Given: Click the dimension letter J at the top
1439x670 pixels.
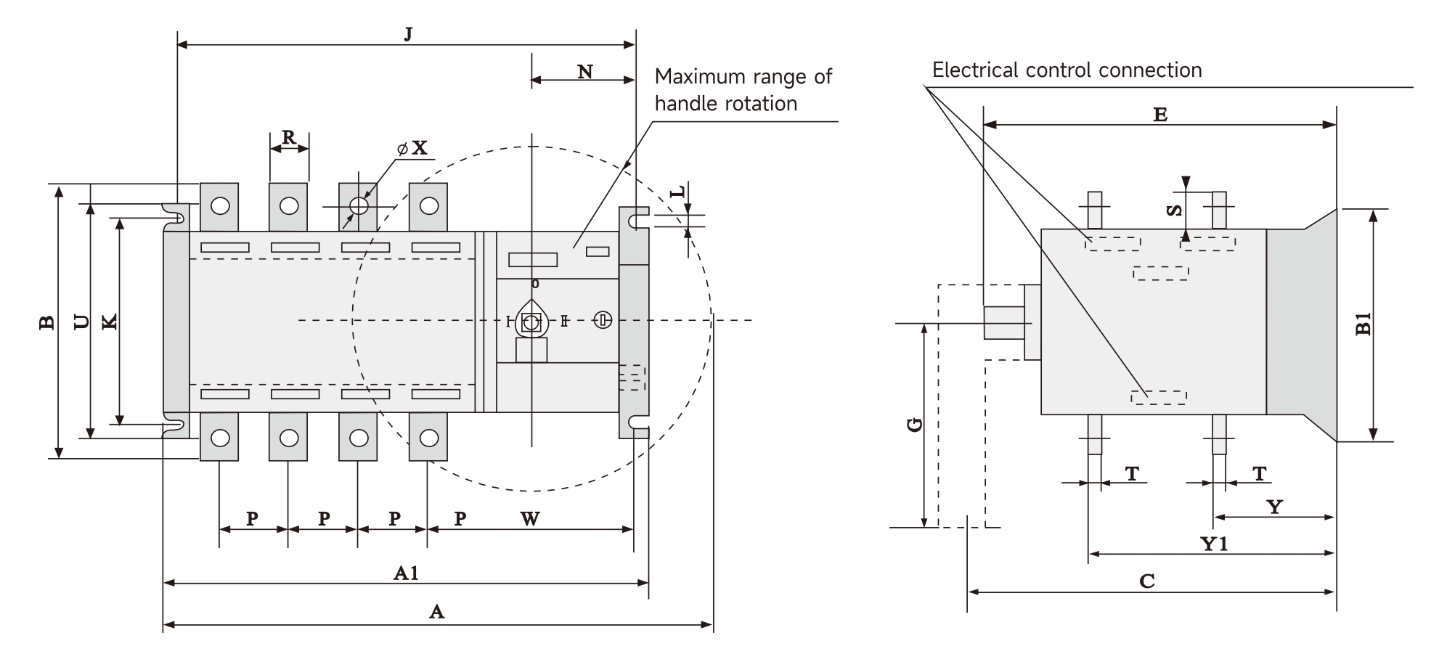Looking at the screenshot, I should pos(408,34).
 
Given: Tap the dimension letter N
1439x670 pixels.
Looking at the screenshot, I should pos(585,71).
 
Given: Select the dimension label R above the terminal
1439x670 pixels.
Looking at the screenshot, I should pos(289,137).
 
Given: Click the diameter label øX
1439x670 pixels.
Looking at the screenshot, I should pos(413,149).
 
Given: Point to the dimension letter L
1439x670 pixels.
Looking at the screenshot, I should pos(677,192).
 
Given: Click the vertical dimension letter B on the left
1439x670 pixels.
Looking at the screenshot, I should pos(46,322).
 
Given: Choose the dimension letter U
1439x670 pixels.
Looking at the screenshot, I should pos(82,322).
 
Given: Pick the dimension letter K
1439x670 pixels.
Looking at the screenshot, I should pos(110,322).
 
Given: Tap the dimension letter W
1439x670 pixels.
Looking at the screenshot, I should pos(530,518).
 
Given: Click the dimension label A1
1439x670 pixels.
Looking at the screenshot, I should pos(406,573).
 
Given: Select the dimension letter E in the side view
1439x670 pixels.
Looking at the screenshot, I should pos(1159,114).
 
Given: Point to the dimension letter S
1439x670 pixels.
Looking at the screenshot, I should pos(1173,211).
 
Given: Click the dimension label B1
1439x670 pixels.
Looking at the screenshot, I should pos(1363,324).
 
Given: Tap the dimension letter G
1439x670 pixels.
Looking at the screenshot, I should pos(915,425).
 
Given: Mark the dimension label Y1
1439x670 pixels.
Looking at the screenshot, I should pos(1214,544).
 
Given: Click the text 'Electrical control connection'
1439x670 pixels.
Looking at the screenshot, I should pos(1067,70).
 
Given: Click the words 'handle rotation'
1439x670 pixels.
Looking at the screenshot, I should pos(725,104).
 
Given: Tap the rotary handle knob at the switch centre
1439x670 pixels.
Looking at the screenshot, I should pos(531,322).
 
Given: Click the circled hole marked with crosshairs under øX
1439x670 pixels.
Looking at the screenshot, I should pos(359,206).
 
